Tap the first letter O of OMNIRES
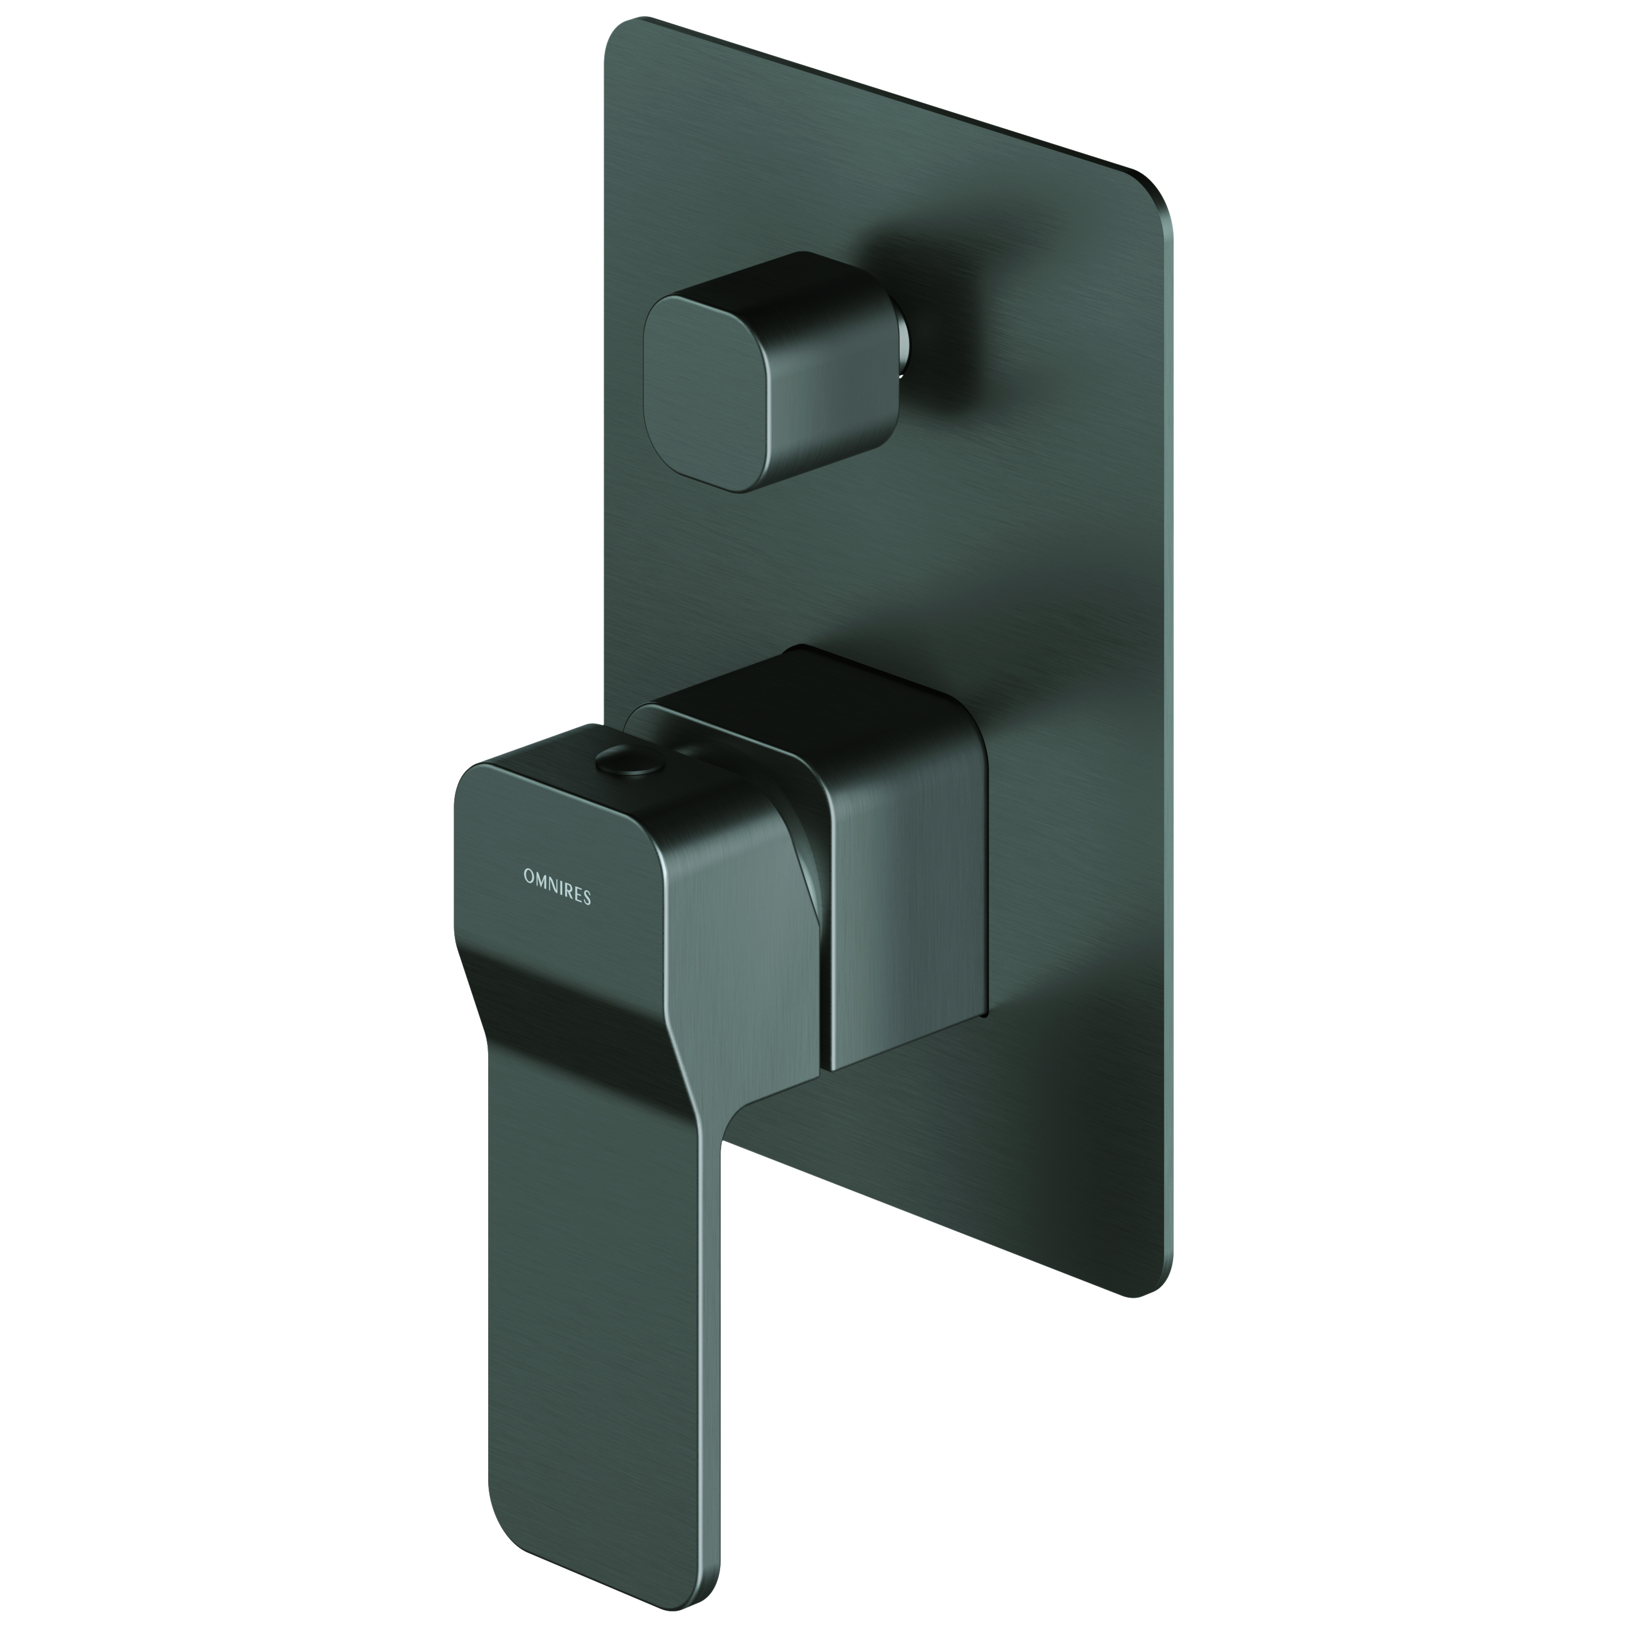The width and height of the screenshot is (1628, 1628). click(x=528, y=876)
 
